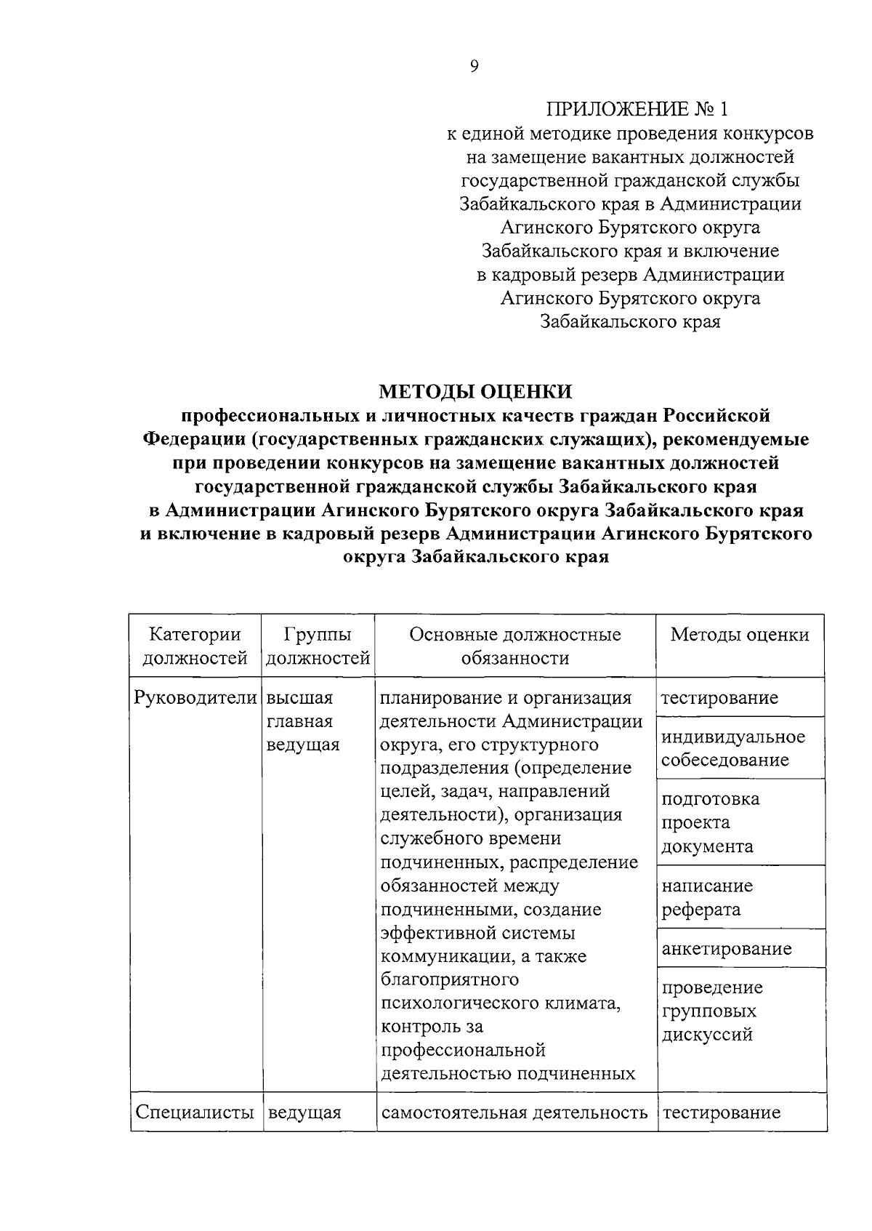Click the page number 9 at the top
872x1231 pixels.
pyautogui.click(x=474, y=67)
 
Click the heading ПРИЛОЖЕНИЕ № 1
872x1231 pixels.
pyautogui.click(x=636, y=110)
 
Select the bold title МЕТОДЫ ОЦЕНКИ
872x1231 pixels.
pyautogui.click(x=475, y=392)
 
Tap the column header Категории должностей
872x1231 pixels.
pyautogui.click(x=195, y=646)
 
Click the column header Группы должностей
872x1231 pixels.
pyautogui.click(x=318, y=646)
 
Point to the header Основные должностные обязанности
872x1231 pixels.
pyautogui.click(x=515, y=646)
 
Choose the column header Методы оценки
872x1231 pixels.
pyautogui.click(x=739, y=635)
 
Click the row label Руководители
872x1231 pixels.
pyautogui.click(x=195, y=698)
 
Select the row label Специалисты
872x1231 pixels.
pyautogui.click(x=194, y=1112)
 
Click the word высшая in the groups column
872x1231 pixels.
pyautogui.click(x=299, y=698)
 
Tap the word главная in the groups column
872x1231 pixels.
pyautogui.click(x=299, y=721)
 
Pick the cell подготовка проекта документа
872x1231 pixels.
pyautogui.click(x=711, y=822)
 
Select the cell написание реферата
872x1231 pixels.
pyautogui.click(x=706, y=897)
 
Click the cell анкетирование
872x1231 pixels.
pyautogui.click(x=727, y=948)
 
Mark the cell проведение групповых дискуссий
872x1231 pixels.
pyautogui.click(x=712, y=1011)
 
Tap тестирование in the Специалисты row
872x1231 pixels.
pyautogui.click(x=721, y=1112)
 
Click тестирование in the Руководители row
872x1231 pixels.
pyautogui.click(x=719, y=698)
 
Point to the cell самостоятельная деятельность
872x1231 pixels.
pyautogui.click(x=514, y=1112)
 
